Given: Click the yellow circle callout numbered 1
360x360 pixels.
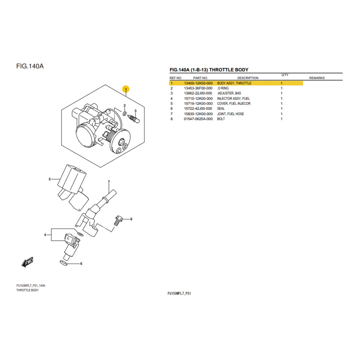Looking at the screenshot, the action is coord(126,89).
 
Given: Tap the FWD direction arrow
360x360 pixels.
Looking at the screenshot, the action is coord(27,262).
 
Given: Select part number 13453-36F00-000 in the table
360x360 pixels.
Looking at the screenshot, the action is coord(198,88).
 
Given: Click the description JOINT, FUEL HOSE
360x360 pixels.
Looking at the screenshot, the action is coord(230,114).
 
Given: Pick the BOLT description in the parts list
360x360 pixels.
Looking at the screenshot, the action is coord(221,119).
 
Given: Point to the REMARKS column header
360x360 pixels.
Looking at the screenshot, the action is coord(317,78).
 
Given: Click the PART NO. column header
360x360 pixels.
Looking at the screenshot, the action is coord(200,78).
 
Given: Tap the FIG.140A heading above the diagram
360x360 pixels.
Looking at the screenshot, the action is coord(30,66).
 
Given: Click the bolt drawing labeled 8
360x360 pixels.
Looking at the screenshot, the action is coord(117,220).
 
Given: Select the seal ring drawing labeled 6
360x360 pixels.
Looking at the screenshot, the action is coord(64,263).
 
